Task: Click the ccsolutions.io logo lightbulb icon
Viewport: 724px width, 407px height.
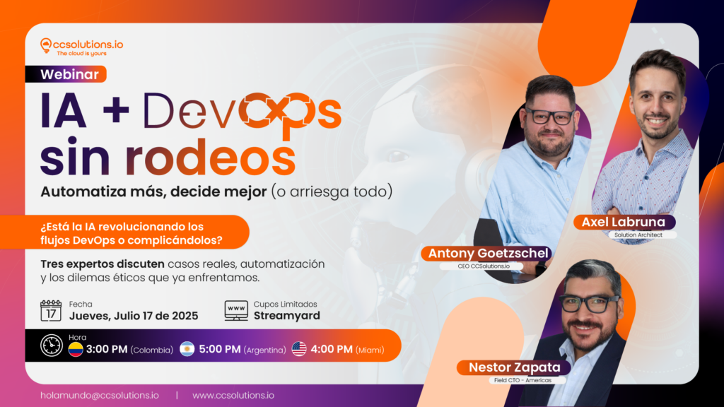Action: pyautogui.click(x=45, y=45)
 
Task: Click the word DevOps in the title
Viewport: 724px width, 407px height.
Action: pyautogui.click(x=243, y=112)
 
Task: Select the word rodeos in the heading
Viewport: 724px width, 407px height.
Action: pyautogui.click(x=210, y=158)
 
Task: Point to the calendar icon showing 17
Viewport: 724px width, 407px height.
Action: pyautogui.click(x=51, y=311)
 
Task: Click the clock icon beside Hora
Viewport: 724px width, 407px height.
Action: pyautogui.click(x=51, y=345)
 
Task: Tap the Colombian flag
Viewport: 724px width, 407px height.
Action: pyautogui.click(x=76, y=349)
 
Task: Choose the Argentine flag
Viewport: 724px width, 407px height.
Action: pyautogui.click(x=187, y=349)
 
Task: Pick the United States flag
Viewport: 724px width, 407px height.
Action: pyautogui.click(x=299, y=349)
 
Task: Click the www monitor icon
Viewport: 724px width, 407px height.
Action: pyautogui.click(x=236, y=311)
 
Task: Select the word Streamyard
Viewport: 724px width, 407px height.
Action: pyautogui.click(x=287, y=316)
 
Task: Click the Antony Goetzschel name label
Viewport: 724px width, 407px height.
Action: pyautogui.click(x=488, y=254)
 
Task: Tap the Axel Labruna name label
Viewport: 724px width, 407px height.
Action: pyautogui.click(x=624, y=222)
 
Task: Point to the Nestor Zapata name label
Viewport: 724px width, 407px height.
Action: pyautogui.click(x=515, y=367)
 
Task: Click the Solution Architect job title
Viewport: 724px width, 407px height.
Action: pyautogui.click(x=638, y=235)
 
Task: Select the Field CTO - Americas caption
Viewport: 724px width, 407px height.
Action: pyautogui.click(x=522, y=380)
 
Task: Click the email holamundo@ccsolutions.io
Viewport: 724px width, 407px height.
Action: pyautogui.click(x=99, y=396)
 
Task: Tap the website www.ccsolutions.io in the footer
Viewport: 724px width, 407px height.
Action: pyautogui.click(x=233, y=396)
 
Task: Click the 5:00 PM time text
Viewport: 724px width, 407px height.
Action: pyautogui.click(x=219, y=349)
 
